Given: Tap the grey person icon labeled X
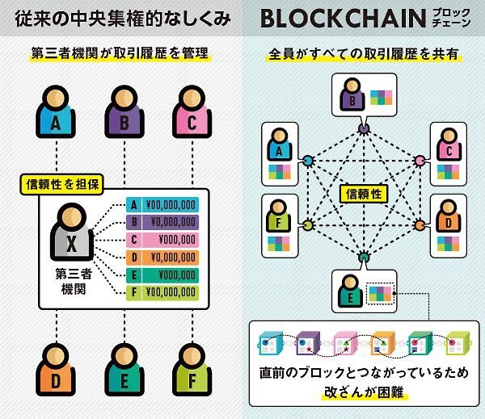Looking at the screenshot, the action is (x=72, y=232).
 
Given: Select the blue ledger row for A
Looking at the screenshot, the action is (x=162, y=204).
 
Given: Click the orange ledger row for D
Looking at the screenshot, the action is (x=162, y=258).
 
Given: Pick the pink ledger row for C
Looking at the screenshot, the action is (x=162, y=240).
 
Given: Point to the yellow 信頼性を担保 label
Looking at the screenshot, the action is (x=62, y=184).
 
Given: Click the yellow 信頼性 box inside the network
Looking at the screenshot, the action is (x=364, y=194).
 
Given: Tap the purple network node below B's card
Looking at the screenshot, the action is (x=364, y=128).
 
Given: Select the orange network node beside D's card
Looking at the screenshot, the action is (x=420, y=225).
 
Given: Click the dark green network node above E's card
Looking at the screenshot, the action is (x=364, y=257).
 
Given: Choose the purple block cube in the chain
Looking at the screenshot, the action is (x=308, y=343).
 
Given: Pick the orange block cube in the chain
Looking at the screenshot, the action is (x=383, y=343).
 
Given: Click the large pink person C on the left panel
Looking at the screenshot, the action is (x=192, y=112).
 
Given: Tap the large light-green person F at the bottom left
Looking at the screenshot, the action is (x=192, y=370).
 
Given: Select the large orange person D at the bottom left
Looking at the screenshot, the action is (x=56, y=370).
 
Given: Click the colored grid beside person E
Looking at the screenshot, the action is (x=381, y=294).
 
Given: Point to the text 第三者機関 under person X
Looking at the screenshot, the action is (x=74, y=282).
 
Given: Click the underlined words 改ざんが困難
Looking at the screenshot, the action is (x=364, y=392).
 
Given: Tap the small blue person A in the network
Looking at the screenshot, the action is (x=280, y=145).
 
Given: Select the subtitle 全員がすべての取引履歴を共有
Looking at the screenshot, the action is (x=364, y=54).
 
